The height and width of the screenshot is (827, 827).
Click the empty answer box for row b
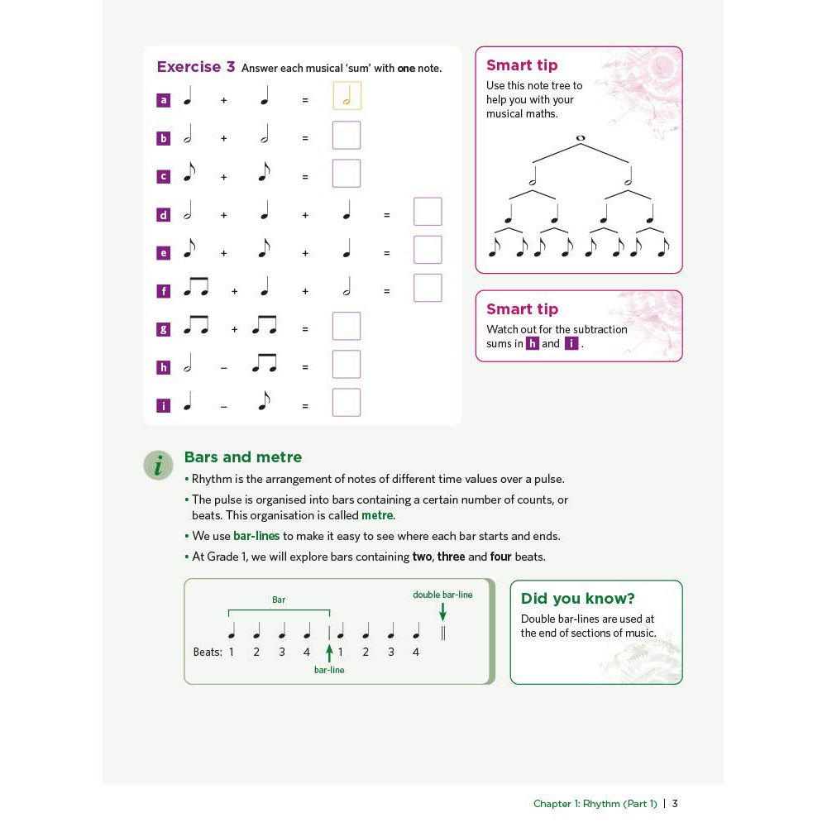pos(347,136)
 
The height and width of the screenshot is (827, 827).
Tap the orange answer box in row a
pos(347,96)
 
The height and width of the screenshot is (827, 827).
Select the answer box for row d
pos(428,212)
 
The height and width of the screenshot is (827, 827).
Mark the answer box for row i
pos(347,403)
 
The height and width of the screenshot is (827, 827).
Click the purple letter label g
pos(163,329)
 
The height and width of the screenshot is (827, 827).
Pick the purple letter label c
pos(163,176)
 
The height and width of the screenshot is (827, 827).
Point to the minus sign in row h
pos(223,367)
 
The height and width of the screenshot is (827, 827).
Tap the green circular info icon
pos(158,465)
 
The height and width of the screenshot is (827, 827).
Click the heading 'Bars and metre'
pos(242,457)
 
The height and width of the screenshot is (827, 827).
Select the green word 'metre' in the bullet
pos(377,515)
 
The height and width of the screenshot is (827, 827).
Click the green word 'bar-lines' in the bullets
pos(256,536)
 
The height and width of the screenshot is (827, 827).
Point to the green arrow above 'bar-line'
pos(329,652)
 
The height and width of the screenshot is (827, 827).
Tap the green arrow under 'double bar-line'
pos(442,611)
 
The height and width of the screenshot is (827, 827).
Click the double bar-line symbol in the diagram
pos(443,633)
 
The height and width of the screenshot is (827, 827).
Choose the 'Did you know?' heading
pos(577,599)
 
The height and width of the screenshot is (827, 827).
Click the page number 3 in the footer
pos(675,803)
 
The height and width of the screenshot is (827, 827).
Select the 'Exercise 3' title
pos(196,67)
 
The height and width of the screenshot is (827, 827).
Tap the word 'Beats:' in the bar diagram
pos(208,652)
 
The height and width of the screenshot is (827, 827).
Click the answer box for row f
pos(428,288)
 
